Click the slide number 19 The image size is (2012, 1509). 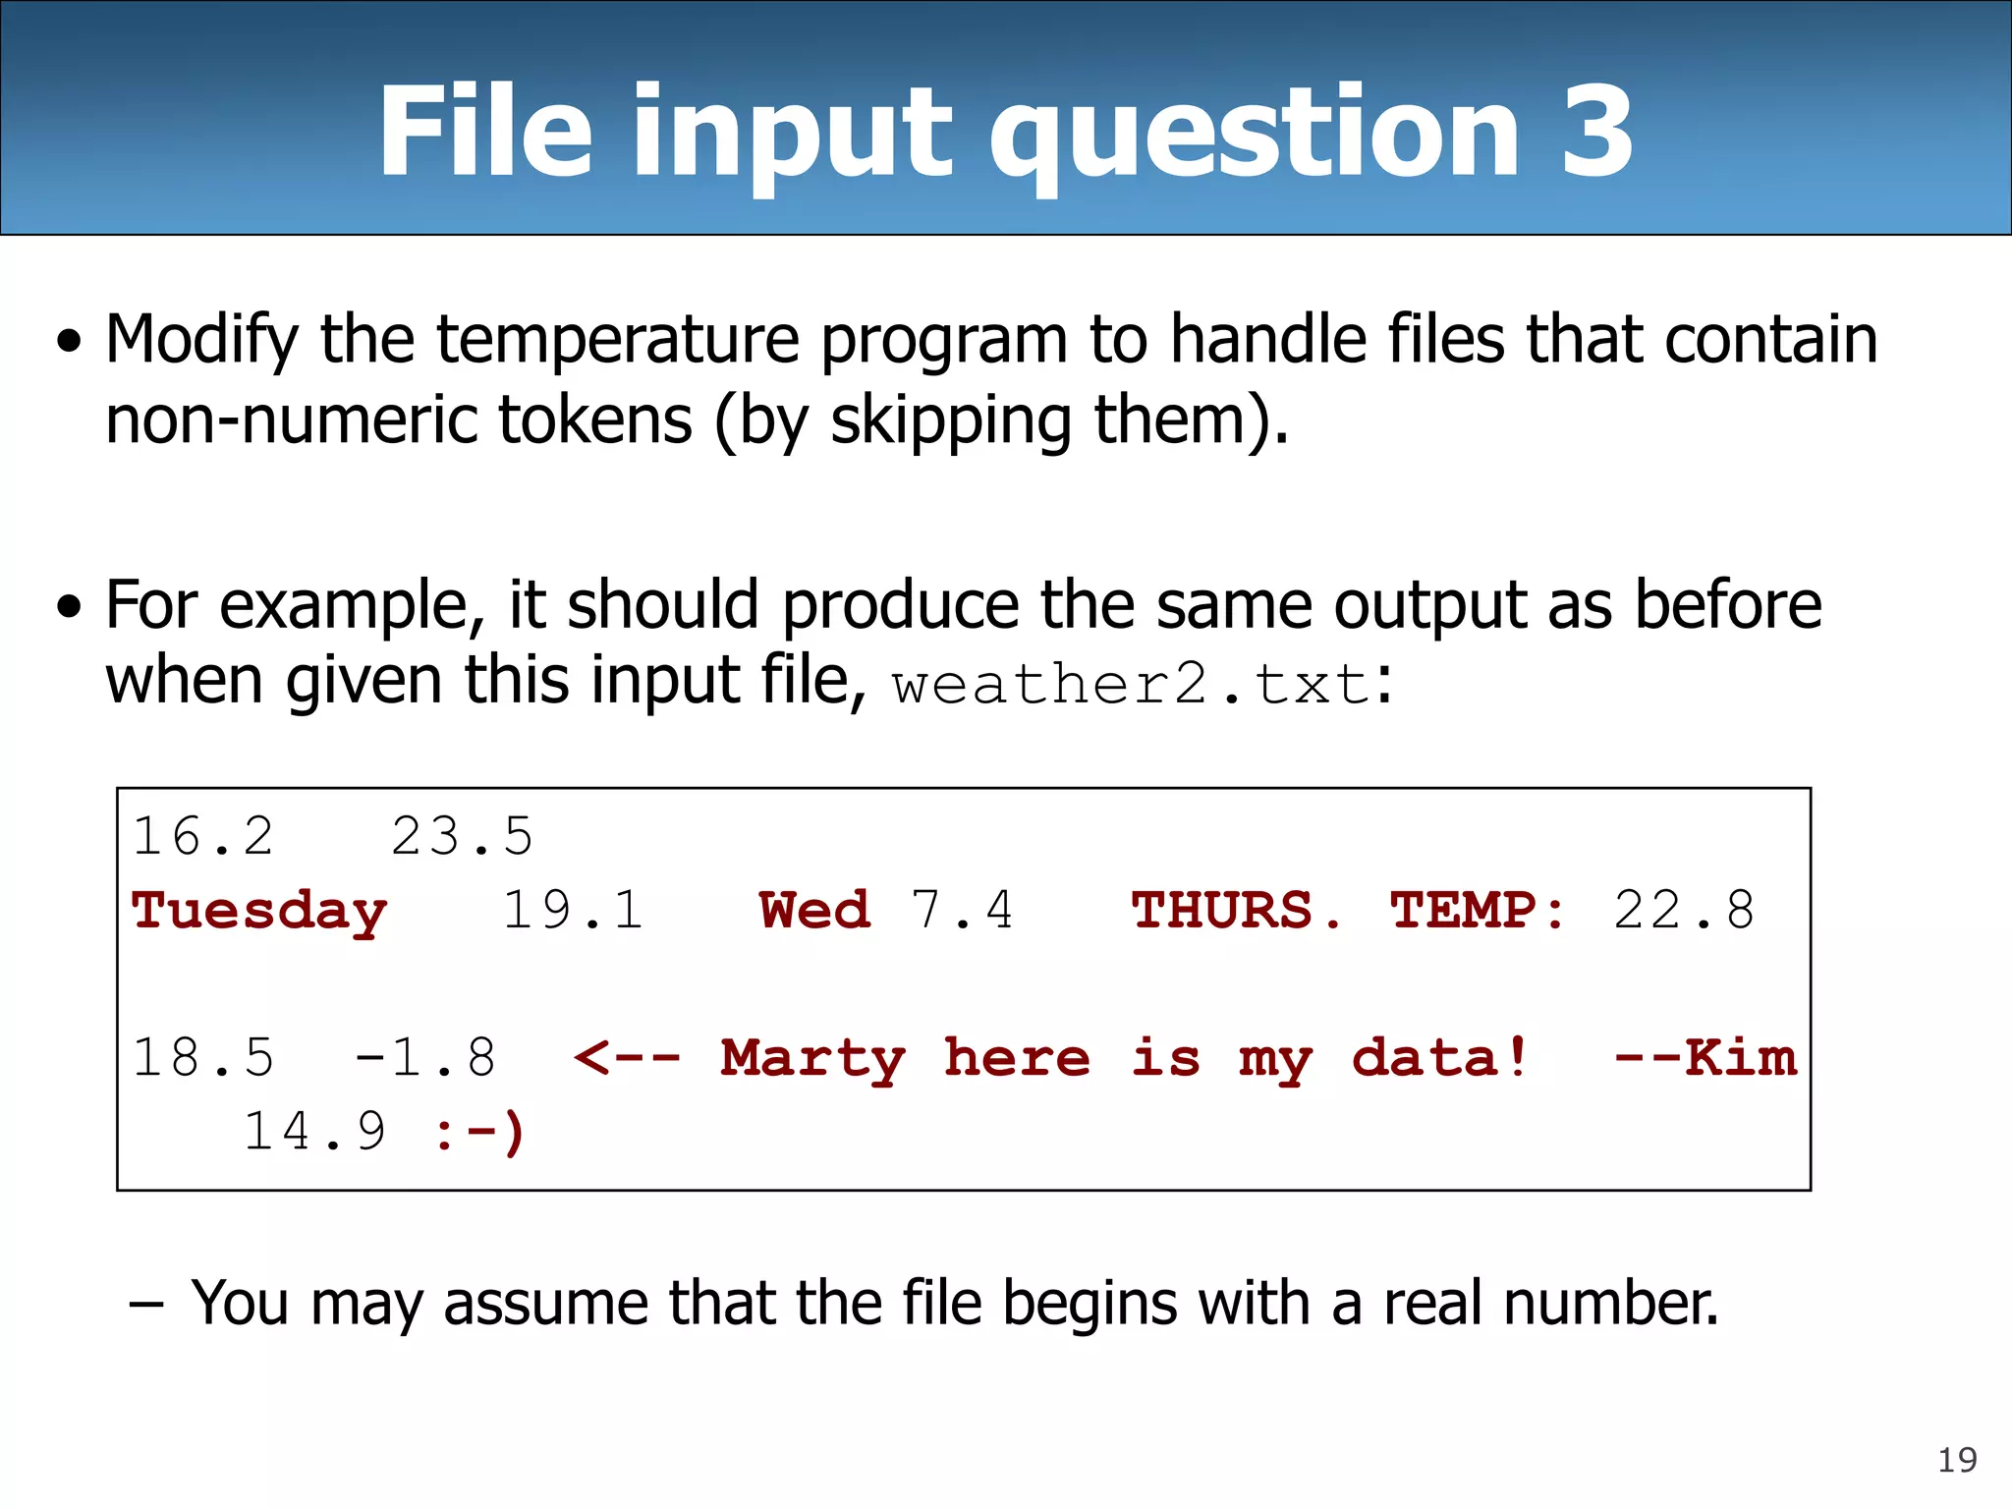1956,1460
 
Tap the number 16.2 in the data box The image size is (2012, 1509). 203,837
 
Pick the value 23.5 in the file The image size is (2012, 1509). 462,837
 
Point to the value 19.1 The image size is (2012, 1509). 573,910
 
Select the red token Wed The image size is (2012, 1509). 814,910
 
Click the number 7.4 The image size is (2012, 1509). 962,910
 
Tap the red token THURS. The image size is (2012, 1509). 1235,910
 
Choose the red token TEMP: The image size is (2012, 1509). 1478,910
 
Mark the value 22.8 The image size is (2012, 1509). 1684,910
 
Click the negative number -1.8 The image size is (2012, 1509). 425,1058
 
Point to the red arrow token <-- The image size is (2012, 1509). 628,1058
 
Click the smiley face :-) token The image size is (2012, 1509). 480,1133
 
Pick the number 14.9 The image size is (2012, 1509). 314,1132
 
